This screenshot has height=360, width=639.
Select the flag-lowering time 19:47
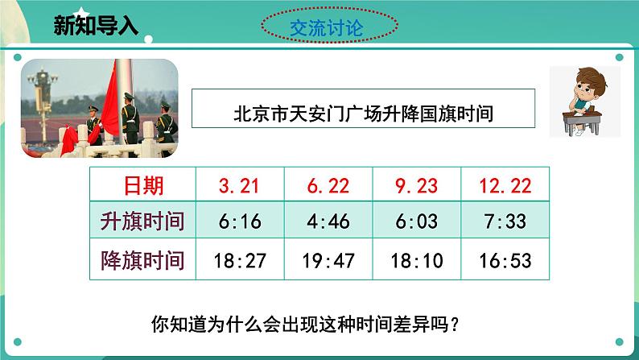pos(328,261)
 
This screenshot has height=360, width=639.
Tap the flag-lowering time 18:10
pos(416,261)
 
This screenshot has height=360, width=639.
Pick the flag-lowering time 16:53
pos(505,261)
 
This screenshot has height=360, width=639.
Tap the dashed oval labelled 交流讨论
pos(330,28)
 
